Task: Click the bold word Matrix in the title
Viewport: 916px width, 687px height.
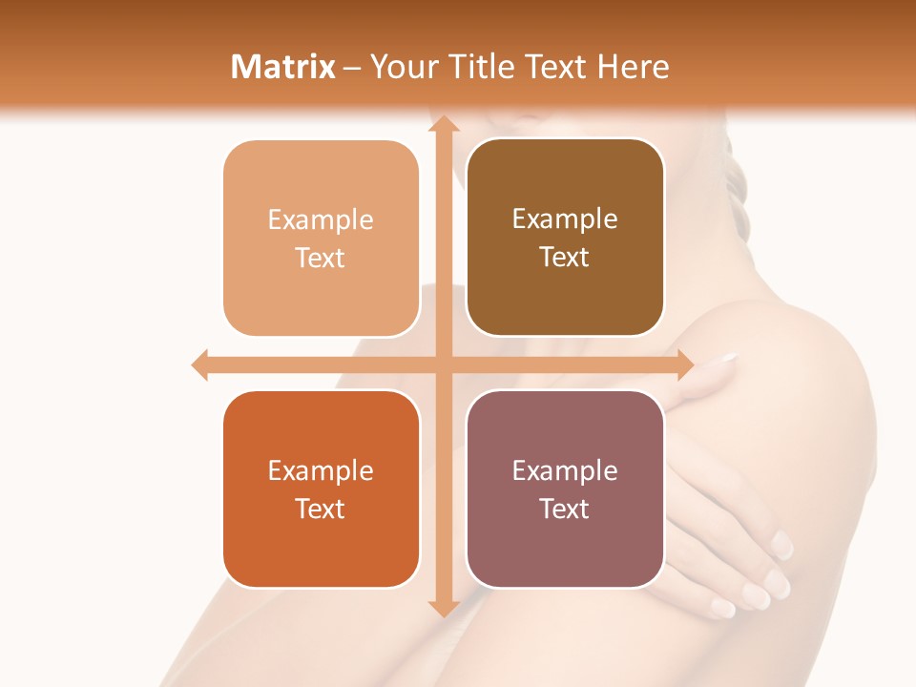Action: pos(282,67)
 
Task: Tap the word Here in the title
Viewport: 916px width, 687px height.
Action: pos(634,67)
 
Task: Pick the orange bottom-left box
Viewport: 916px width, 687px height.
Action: pos(321,553)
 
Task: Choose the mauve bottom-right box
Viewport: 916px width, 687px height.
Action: pos(565,553)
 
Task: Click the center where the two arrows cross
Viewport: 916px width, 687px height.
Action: pos(444,364)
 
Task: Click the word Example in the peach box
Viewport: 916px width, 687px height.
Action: pos(321,220)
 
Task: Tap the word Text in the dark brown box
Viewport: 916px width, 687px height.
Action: pos(565,258)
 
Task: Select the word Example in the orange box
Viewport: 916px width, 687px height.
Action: pos(321,470)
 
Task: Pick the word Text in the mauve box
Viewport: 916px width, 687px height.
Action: pos(565,509)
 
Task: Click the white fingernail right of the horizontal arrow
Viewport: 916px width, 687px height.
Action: pos(727,360)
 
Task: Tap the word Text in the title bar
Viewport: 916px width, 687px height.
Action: pos(554,67)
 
